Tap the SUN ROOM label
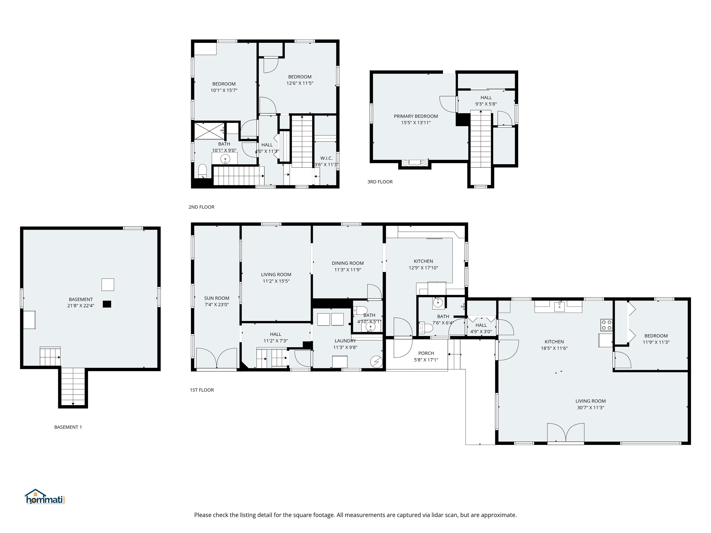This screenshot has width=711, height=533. (x=217, y=298)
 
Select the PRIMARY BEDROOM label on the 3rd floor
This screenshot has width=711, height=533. (x=416, y=116)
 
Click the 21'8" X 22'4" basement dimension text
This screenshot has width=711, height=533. (x=81, y=306)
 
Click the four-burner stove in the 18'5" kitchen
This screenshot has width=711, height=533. (x=606, y=325)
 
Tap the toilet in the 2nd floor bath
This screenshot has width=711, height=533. (x=202, y=171)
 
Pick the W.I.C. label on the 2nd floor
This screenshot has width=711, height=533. (x=326, y=158)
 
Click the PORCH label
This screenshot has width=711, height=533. (x=426, y=353)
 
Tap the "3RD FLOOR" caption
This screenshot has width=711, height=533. (x=380, y=182)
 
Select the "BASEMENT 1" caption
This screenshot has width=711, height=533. (x=68, y=427)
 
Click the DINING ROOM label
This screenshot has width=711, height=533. (x=348, y=263)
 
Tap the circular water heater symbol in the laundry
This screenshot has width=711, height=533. (x=376, y=362)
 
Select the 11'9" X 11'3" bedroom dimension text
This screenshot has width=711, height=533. (x=656, y=342)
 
